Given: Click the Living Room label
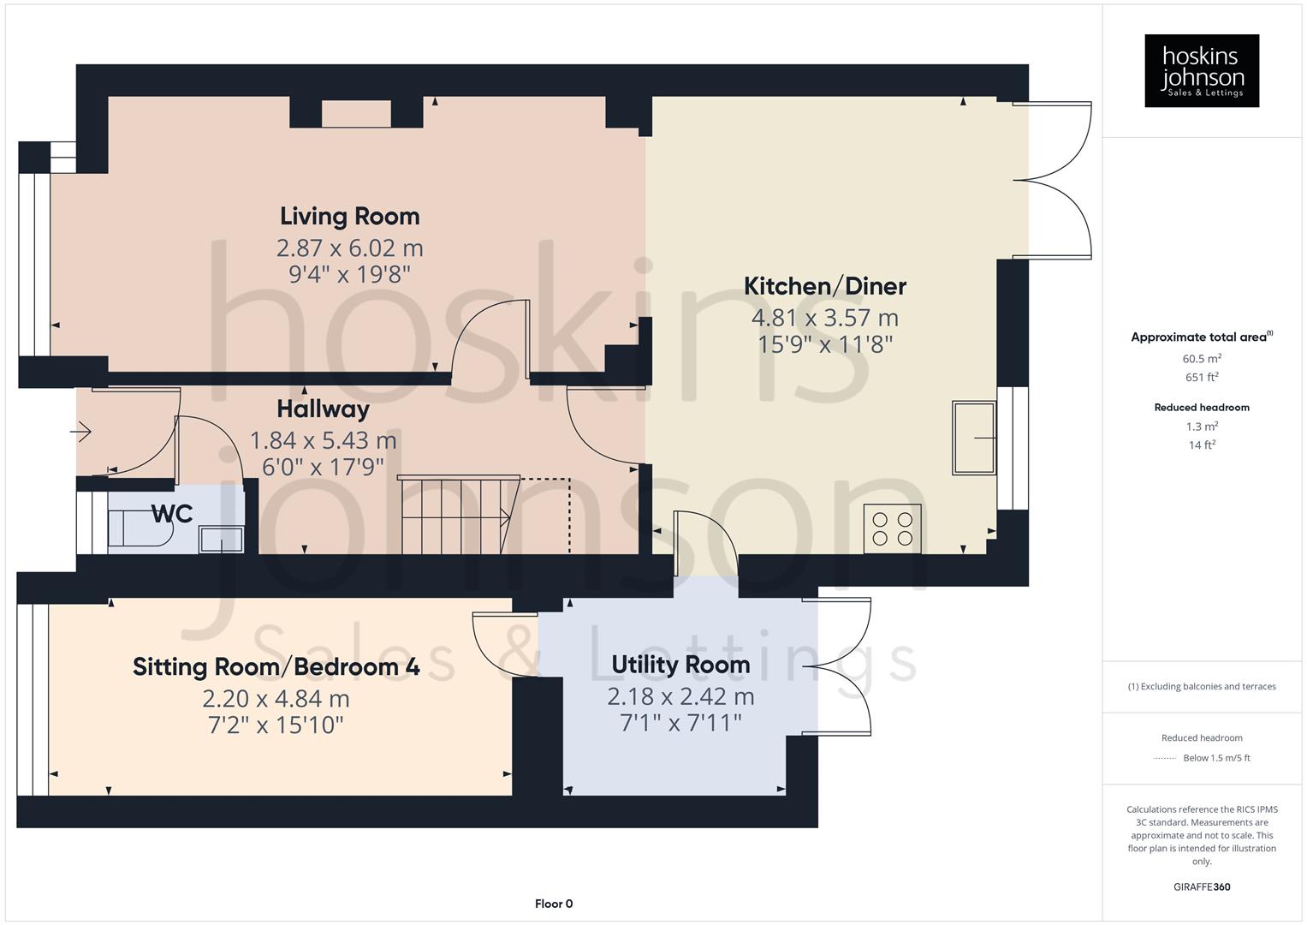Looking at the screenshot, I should (x=349, y=216).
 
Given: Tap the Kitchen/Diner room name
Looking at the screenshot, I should (x=824, y=286).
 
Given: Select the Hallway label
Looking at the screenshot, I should (x=323, y=409).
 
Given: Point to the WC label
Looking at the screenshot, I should (x=171, y=514).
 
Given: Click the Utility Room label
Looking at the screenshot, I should (x=680, y=665).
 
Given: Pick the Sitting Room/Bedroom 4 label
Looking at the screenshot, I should (x=276, y=666).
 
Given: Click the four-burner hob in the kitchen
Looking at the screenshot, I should (x=892, y=528).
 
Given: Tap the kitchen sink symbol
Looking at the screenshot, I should (x=974, y=438).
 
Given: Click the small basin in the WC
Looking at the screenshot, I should (x=221, y=540).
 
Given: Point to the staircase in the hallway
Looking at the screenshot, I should (x=458, y=516).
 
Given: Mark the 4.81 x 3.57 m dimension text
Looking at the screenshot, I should (x=824, y=318).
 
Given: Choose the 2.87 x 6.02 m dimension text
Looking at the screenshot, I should (x=349, y=248).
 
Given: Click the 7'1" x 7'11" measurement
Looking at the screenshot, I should (x=680, y=723).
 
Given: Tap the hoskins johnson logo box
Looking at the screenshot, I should (x=1201, y=71).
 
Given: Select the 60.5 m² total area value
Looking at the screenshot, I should (x=1201, y=359).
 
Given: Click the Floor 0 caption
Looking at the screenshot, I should (x=554, y=904).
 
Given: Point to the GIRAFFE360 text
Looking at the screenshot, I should (x=1201, y=886).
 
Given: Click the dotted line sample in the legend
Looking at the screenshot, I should (x=1165, y=758).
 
